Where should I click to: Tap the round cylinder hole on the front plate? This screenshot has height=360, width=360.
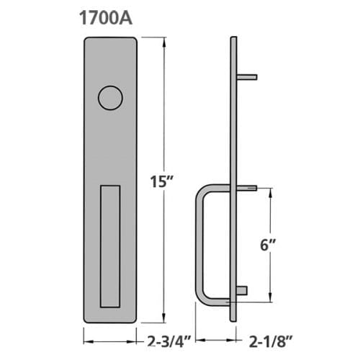coord(110,97)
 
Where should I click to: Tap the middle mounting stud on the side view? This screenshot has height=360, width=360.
coord(247,188)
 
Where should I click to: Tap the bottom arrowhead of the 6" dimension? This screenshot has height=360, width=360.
coord(270,300)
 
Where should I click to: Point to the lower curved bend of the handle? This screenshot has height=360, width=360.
coord(204,297)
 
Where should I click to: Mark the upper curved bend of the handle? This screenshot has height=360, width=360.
coord(204,190)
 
